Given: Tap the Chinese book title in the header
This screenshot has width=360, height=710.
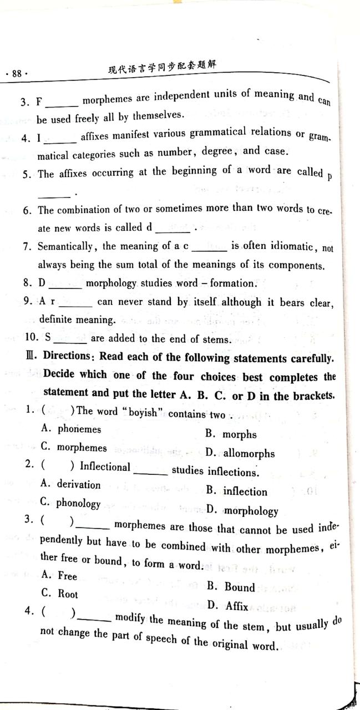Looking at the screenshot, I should click(x=162, y=69).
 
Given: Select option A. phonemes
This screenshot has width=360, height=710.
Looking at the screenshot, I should click(x=72, y=429).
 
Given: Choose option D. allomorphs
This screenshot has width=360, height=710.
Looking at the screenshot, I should click(x=240, y=453).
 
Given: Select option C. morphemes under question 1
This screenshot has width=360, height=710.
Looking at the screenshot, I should click(x=74, y=447).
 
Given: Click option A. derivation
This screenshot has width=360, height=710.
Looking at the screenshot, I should click(x=72, y=484).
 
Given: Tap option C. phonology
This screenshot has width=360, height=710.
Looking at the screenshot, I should click(x=71, y=503).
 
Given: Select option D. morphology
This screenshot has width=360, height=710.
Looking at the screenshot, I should click(x=242, y=510).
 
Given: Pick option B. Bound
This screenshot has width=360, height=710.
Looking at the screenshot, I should click(x=232, y=587).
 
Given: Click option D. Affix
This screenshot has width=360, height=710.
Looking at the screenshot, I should click(x=229, y=606).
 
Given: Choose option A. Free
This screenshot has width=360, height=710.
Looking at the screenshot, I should click(x=60, y=576).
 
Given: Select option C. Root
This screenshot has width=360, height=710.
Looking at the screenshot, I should click(x=60, y=594).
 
